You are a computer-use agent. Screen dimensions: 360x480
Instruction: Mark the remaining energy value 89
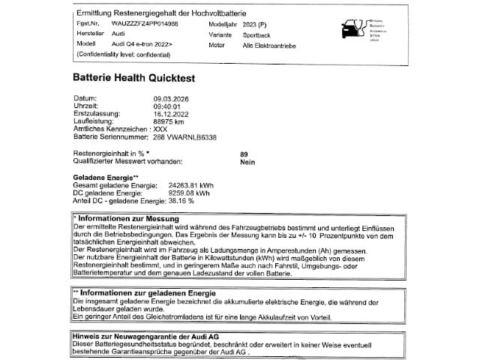244,154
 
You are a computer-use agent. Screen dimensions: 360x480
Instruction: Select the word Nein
247,161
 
